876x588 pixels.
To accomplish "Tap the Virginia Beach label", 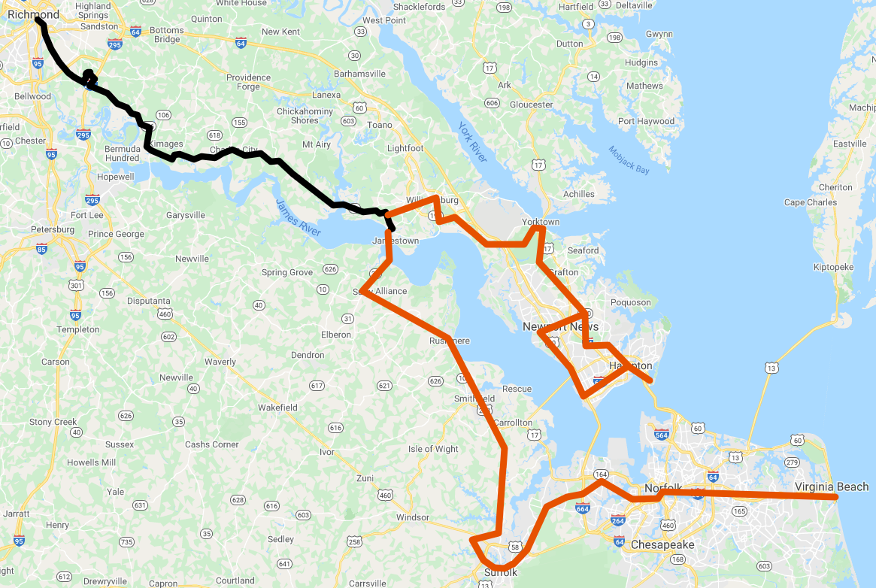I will [x=831, y=487].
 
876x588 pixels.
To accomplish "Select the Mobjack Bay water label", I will [x=629, y=159].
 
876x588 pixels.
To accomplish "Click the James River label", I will [x=299, y=218].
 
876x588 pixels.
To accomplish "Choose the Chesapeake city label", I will [x=662, y=544].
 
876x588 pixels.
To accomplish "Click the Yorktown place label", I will [x=541, y=222].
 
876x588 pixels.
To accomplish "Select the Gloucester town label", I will [x=532, y=105].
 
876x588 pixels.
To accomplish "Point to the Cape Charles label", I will [x=810, y=202].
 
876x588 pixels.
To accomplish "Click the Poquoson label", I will [x=632, y=302].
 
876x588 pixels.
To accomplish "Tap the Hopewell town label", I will [x=116, y=177].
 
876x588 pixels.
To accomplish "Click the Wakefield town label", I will [x=277, y=408].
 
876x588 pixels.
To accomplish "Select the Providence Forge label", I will [x=248, y=82].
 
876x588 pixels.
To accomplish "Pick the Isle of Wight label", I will [x=433, y=449].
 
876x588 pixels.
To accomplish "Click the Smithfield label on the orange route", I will [x=474, y=399].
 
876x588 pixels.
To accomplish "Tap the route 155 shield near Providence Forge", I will [x=240, y=123].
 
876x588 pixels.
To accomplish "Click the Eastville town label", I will [x=850, y=144].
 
